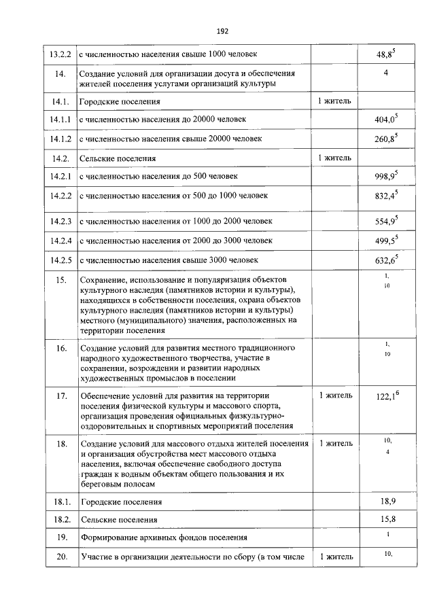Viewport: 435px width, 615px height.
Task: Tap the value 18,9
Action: [385, 502]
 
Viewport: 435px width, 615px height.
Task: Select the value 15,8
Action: [385, 520]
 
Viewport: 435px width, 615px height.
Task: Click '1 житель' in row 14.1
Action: [334, 101]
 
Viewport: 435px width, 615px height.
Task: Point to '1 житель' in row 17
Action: [334, 395]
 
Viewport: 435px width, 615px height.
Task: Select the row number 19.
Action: [61, 538]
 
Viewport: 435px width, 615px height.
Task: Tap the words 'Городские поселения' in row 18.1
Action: [122, 502]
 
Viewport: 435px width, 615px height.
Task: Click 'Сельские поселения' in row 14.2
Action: [118, 158]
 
